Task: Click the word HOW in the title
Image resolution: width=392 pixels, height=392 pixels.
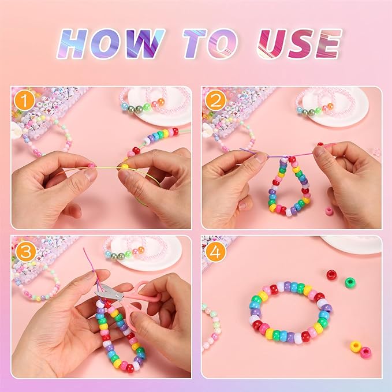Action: tap(111, 44)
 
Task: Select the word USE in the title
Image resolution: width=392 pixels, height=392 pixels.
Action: tap(299, 44)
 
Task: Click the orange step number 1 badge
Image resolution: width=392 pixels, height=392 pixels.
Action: tap(24, 101)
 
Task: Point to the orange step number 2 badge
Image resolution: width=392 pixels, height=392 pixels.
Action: tap(215, 101)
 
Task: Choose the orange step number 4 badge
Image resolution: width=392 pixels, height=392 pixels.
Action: tap(215, 252)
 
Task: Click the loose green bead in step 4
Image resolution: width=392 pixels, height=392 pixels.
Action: tap(351, 283)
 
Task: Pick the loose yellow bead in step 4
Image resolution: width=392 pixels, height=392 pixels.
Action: tap(356, 346)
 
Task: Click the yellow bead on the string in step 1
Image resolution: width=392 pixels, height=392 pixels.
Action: tap(124, 167)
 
